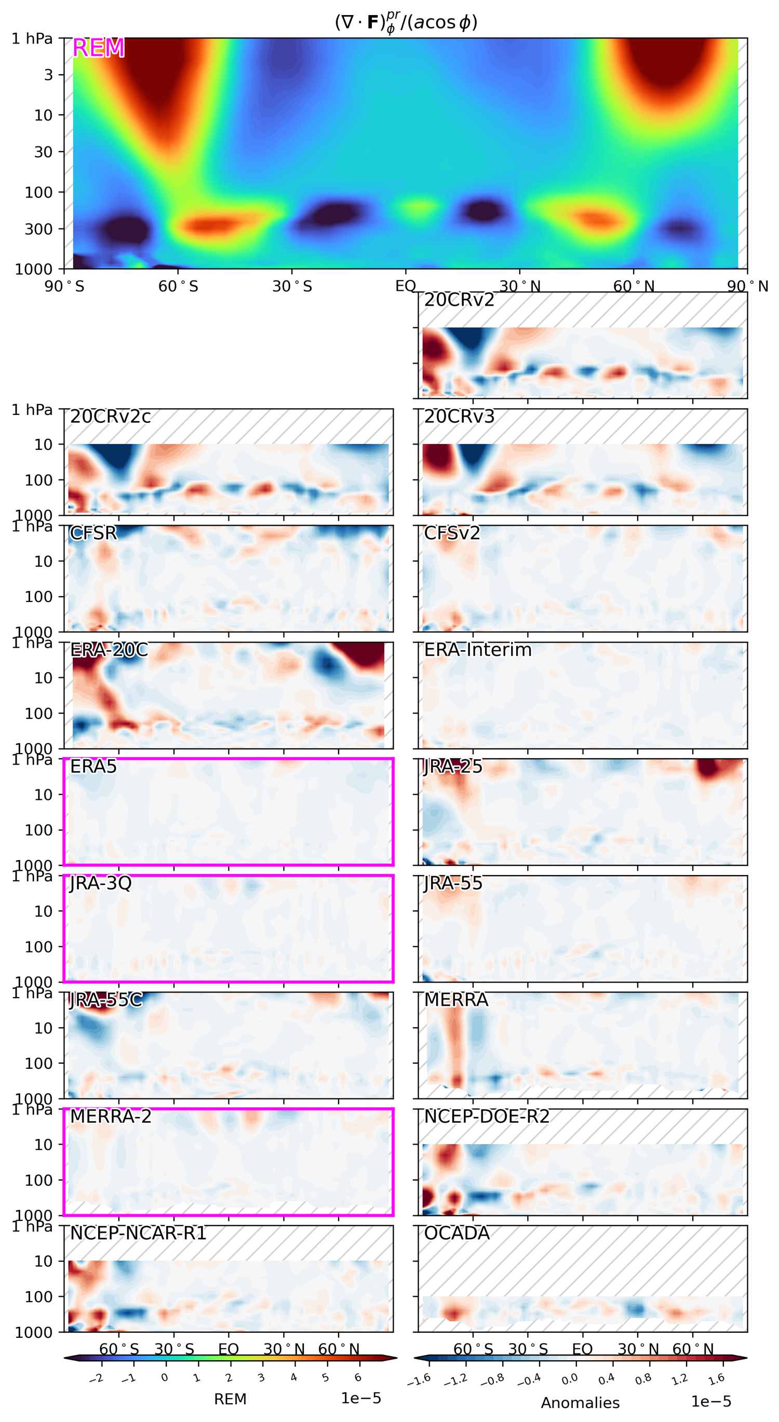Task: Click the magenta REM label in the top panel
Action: [98, 48]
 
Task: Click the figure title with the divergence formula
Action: [406, 23]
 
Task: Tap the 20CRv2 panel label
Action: [459, 300]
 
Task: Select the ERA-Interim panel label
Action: [478, 650]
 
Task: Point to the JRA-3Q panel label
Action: [100, 883]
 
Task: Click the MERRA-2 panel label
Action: [111, 1116]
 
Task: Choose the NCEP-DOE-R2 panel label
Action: [487, 1116]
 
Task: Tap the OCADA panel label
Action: [456, 1233]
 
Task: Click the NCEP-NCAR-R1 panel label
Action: [138, 1233]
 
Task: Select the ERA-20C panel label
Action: [109, 650]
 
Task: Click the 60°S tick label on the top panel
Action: [178, 287]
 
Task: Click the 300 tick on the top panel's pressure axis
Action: [38, 229]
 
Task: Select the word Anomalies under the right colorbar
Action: [580, 1403]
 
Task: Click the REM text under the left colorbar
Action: [230, 1399]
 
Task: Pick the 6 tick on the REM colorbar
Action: [358, 1378]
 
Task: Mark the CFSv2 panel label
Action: [452, 533]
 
